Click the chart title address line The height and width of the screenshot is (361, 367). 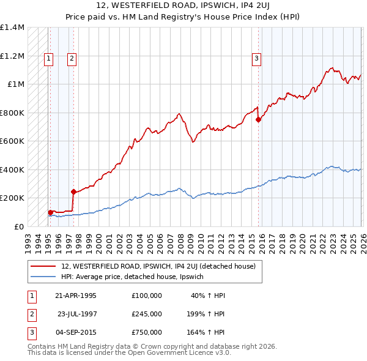[x=183, y=6]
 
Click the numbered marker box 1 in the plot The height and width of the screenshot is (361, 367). [x=48, y=59]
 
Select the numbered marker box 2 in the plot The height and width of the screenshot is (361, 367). [x=72, y=59]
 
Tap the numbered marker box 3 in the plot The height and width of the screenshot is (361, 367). [x=256, y=59]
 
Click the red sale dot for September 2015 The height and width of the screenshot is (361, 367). [x=258, y=120]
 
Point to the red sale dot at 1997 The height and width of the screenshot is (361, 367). [x=73, y=192]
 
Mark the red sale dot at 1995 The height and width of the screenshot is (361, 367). [x=50, y=212]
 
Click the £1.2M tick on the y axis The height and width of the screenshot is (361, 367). [x=12, y=56]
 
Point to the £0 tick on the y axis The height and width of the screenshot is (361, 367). [x=18, y=226]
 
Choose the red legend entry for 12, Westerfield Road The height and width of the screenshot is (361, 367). [x=161, y=266]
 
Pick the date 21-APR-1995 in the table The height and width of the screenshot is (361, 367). [x=76, y=295]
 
